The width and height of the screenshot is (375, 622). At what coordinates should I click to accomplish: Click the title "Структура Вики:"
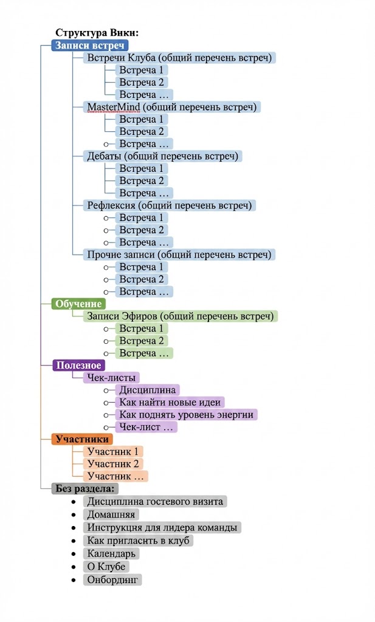click(97, 33)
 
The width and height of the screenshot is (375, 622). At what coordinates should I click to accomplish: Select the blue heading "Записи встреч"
click(90, 46)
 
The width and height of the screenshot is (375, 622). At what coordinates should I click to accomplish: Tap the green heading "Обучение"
click(79, 304)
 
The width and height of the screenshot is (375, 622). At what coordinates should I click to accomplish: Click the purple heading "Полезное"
click(79, 365)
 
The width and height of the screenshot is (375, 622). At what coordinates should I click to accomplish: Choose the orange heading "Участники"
click(83, 439)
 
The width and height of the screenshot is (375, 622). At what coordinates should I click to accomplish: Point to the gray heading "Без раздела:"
click(86, 488)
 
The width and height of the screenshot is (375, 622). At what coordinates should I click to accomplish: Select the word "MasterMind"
click(114, 107)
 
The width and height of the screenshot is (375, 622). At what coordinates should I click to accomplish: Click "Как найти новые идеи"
click(170, 402)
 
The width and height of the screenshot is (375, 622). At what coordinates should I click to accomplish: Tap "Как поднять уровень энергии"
click(186, 414)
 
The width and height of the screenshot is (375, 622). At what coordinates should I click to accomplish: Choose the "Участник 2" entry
click(113, 463)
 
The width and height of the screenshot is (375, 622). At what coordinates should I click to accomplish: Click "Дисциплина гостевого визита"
click(155, 501)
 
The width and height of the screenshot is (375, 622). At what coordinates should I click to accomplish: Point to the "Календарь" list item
click(112, 553)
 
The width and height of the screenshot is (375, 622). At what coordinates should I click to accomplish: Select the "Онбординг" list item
click(114, 579)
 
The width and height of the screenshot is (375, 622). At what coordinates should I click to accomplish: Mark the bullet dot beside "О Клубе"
click(74, 567)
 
